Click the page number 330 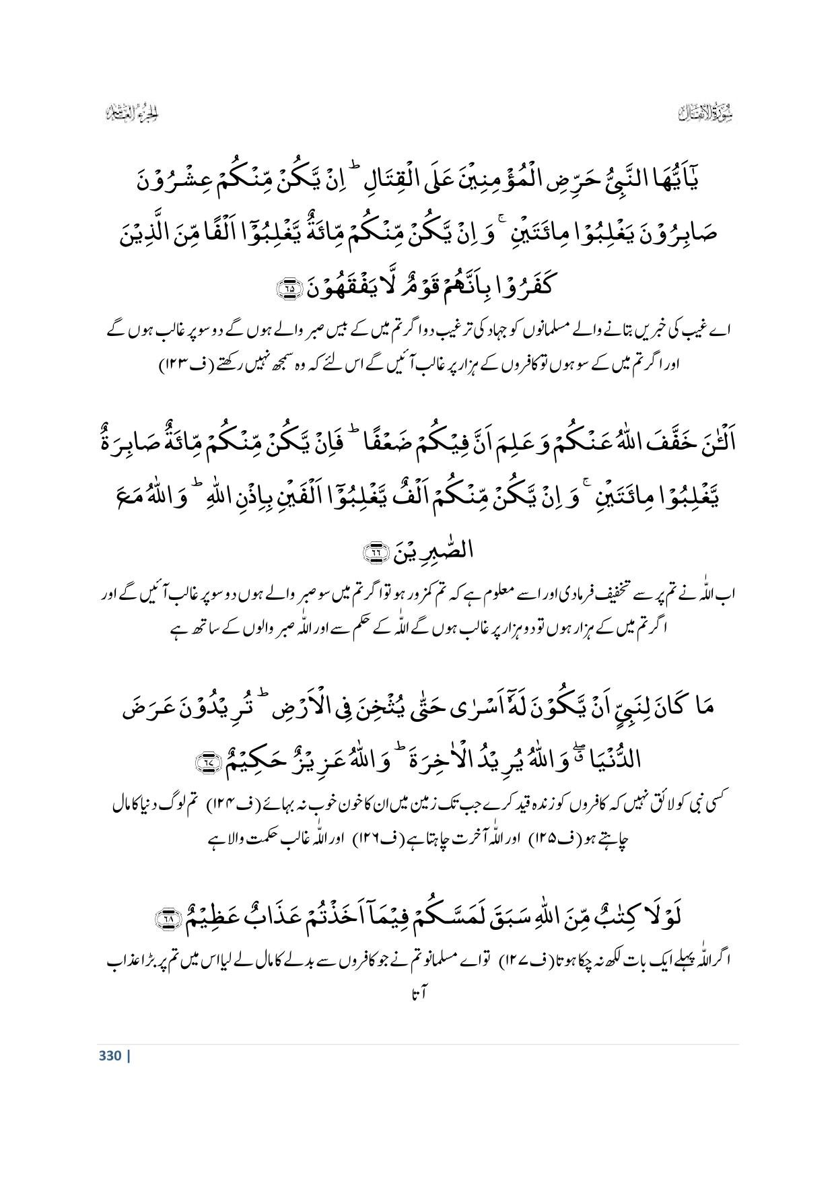pyautogui.click(x=109, y=1055)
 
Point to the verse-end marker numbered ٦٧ pyautogui.click(x=202, y=762)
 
